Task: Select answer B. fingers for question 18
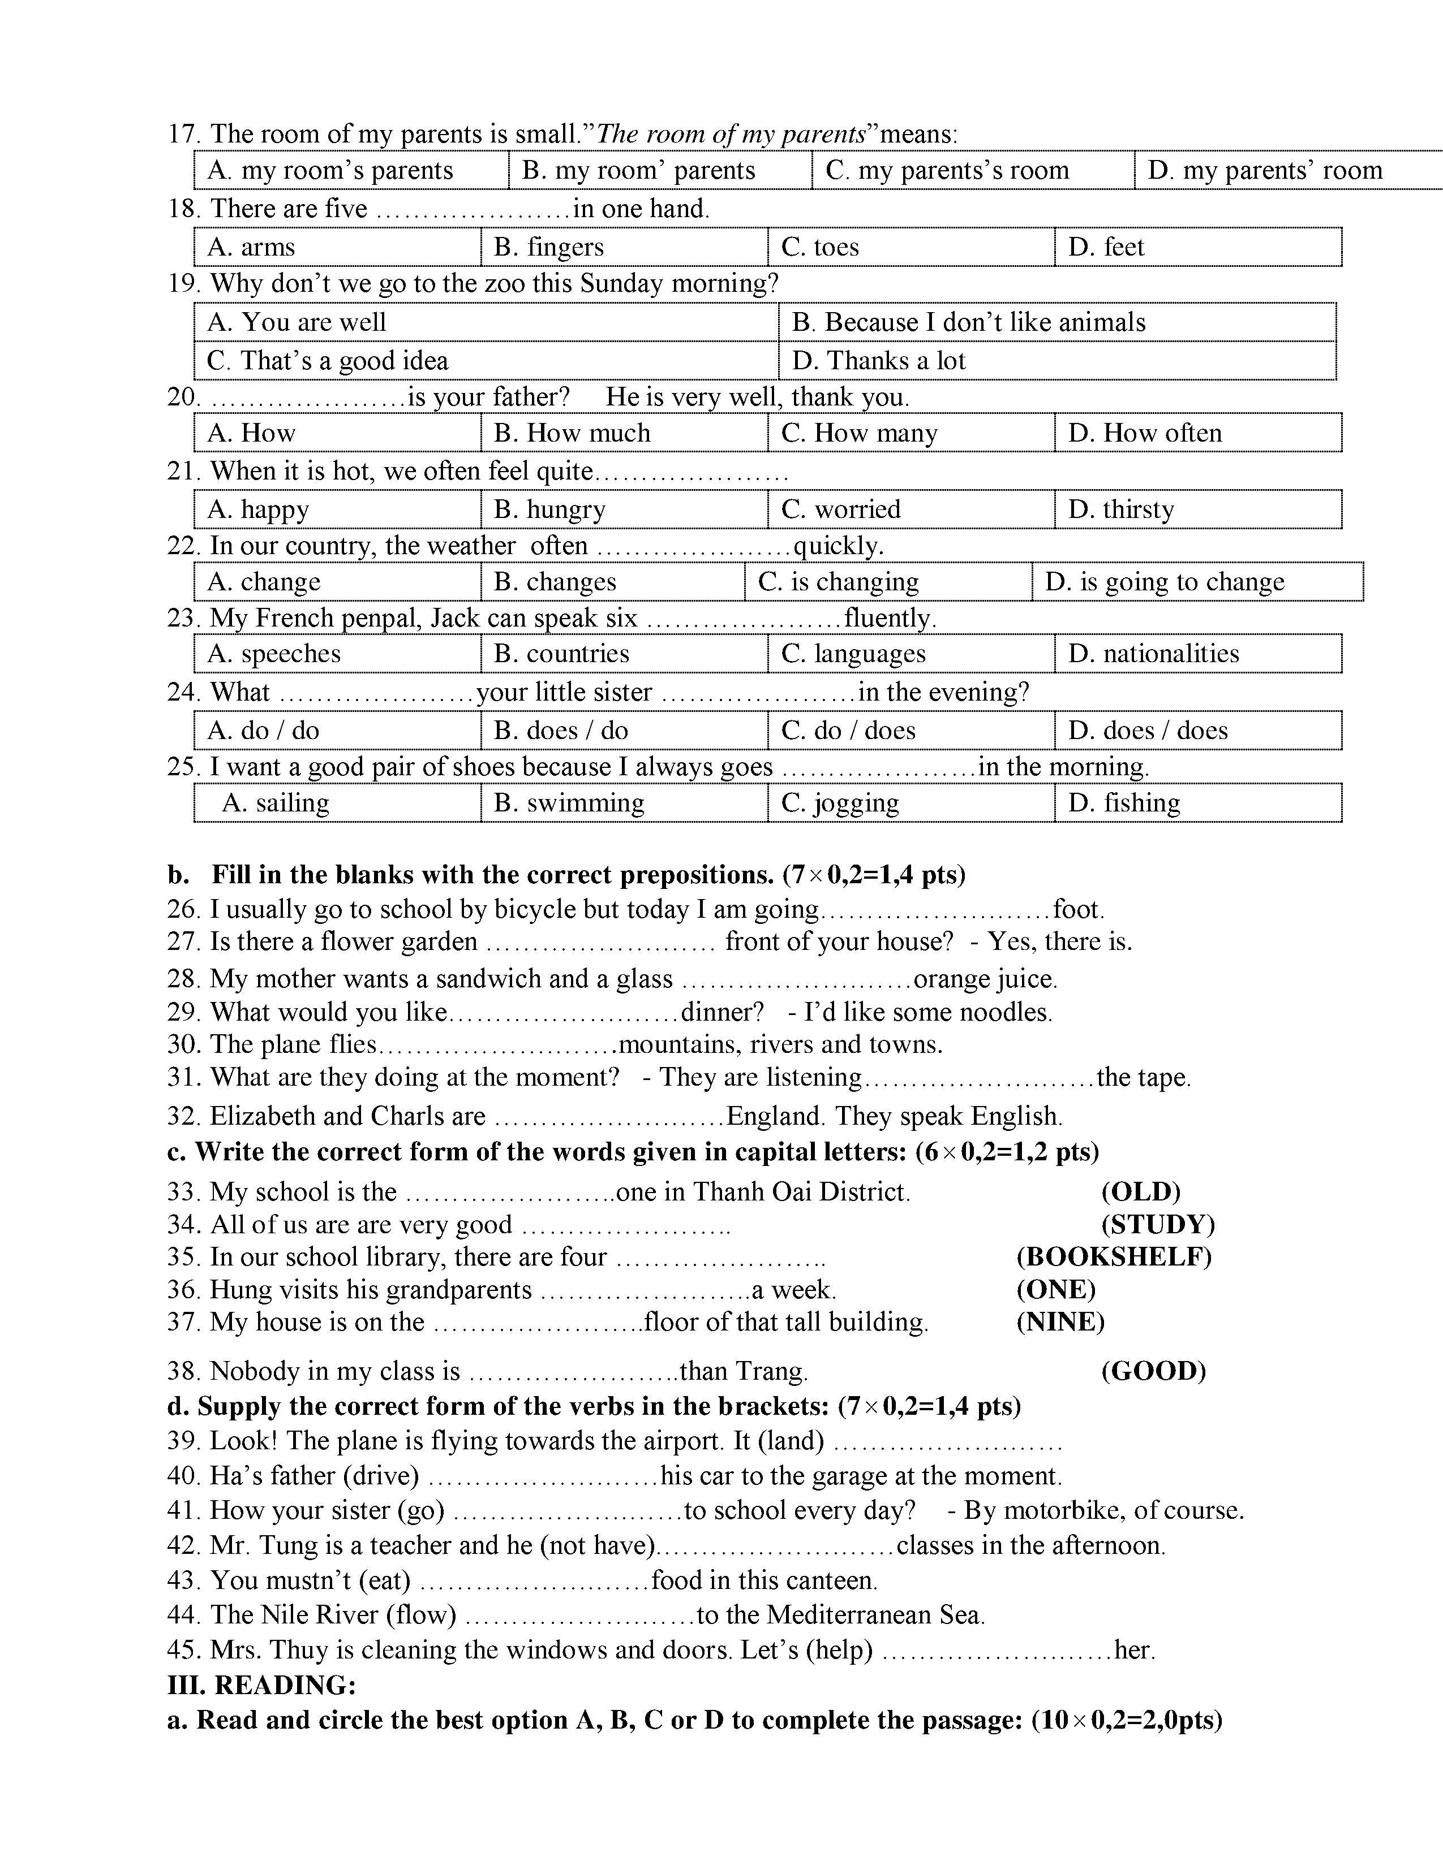549,247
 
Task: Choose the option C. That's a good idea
328,361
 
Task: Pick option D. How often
1145,433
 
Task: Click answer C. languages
853,654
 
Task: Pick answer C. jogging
840,803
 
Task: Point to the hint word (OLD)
1140,1192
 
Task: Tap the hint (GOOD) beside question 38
1153,1371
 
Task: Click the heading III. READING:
261,1685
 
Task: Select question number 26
182,909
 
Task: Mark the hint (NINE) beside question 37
1060,1322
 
